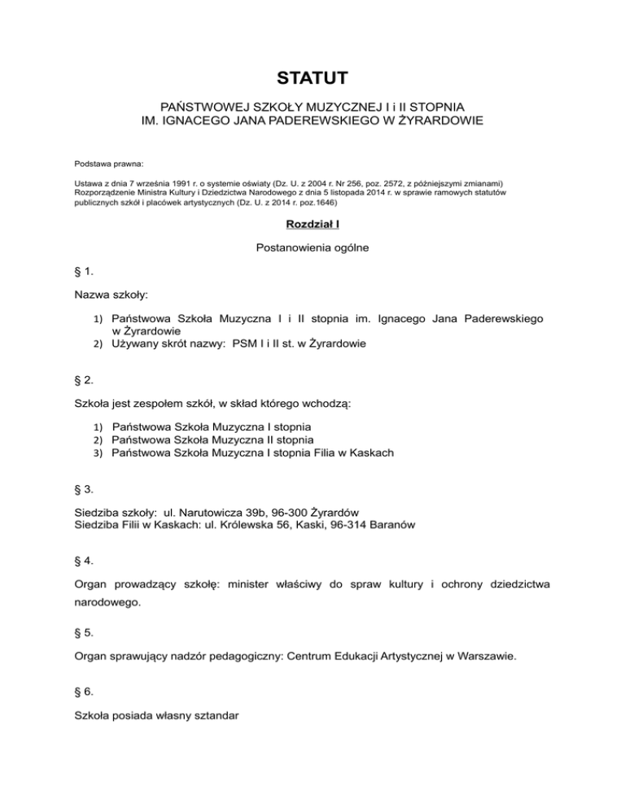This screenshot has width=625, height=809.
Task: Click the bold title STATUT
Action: [312, 78]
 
